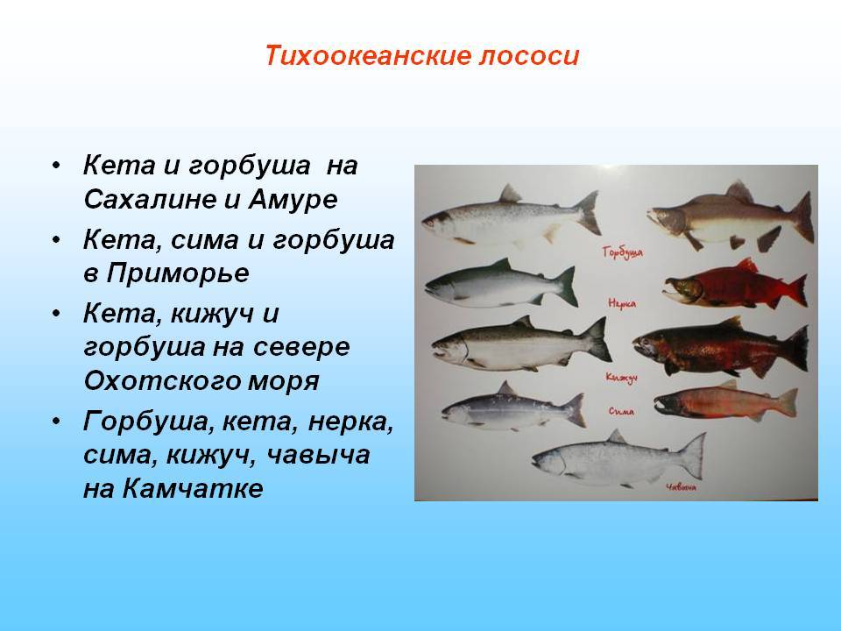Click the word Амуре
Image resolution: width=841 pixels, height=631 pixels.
pyautogui.click(x=293, y=199)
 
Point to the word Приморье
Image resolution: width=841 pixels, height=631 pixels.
pyautogui.click(x=177, y=273)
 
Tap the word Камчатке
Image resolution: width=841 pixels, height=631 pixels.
pyautogui.click(x=193, y=488)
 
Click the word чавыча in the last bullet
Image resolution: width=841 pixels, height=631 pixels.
pyautogui.click(x=318, y=455)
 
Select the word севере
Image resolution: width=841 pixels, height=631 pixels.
pyautogui.click(x=300, y=347)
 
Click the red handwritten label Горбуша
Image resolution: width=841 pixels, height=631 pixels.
pyautogui.click(x=622, y=252)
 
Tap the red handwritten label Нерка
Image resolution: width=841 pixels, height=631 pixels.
pyautogui.click(x=622, y=304)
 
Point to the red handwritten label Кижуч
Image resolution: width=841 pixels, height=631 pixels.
pyautogui.click(x=622, y=378)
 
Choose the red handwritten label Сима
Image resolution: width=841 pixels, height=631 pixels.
pyautogui.click(x=622, y=412)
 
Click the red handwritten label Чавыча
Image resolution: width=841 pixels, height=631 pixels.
pyautogui.click(x=681, y=487)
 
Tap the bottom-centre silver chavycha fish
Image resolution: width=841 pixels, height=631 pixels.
pyautogui.click(x=619, y=457)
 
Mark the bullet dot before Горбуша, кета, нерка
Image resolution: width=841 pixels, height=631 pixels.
pyautogui.click(x=56, y=422)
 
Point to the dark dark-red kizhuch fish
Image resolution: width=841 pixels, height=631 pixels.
pyautogui.click(x=721, y=348)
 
